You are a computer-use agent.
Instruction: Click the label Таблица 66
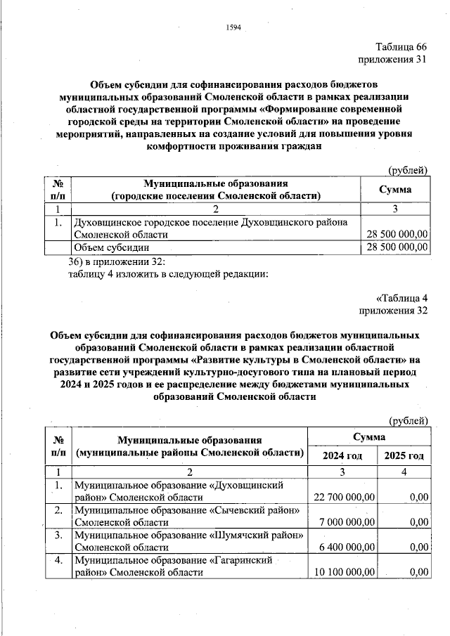401,46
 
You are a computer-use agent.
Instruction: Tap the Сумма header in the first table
395,190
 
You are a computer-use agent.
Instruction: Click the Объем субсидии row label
112,247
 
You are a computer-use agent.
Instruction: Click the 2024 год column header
342,456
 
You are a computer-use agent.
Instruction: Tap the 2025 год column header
405,456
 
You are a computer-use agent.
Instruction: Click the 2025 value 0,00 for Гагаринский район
418,573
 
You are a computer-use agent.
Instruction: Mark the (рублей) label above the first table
409,169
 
